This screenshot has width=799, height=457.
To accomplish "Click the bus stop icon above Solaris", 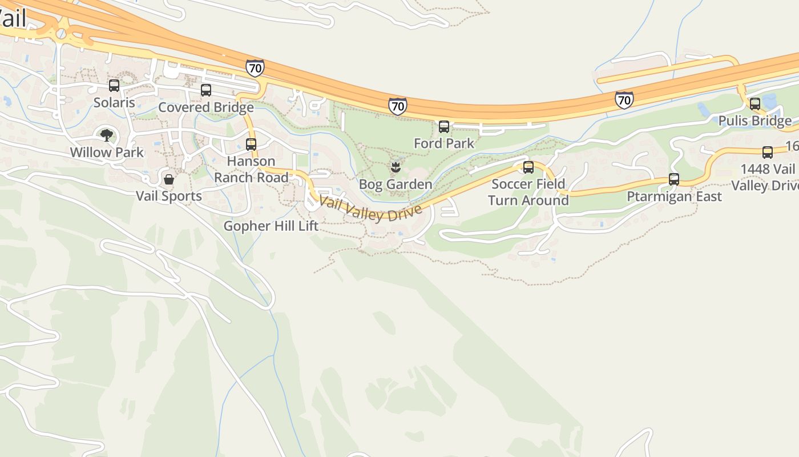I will click(x=114, y=86).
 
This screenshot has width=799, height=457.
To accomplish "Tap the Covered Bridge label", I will click(x=205, y=107).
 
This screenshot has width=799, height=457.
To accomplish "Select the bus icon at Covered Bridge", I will click(x=206, y=90).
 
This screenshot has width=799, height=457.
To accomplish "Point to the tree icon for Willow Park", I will click(x=107, y=135).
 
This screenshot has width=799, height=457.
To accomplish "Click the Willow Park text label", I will click(x=107, y=153).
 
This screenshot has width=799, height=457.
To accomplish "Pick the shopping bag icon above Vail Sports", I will click(x=169, y=179).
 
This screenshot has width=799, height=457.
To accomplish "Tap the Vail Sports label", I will click(x=169, y=196).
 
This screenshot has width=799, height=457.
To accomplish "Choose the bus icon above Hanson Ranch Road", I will click(x=251, y=144).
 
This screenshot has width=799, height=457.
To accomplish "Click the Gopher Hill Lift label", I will click(x=271, y=226).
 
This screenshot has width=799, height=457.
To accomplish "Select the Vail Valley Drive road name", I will click(x=370, y=209).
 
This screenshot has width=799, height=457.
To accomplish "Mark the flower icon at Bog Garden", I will click(x=395, y=167).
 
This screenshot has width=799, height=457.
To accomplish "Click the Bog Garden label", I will click(x=395, y=185).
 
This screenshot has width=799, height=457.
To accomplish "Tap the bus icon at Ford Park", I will click(x=444, y=127).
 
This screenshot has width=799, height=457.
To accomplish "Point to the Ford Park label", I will click(x=444, y=143).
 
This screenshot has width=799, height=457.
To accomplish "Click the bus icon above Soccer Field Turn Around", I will click(x=528, y=167).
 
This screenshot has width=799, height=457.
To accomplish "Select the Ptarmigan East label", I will click(x=674, y=197).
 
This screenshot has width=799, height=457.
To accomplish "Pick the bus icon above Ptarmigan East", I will click(x=674, y=179).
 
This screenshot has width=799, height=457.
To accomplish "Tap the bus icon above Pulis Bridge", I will click(x=755, y=104).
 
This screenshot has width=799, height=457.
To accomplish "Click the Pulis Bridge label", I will click(x=755, y=121).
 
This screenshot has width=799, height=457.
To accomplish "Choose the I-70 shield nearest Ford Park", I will click(x=398, y=106).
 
